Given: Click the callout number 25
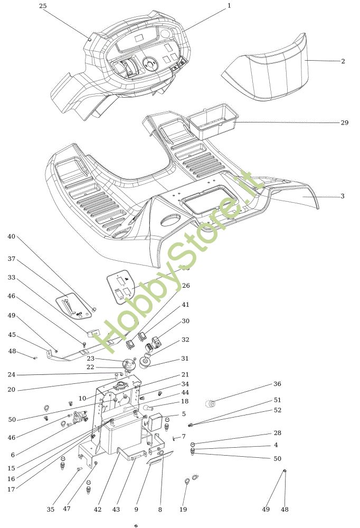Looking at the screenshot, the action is [x=43, y=6].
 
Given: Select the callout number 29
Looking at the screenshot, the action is [x=345, y=122].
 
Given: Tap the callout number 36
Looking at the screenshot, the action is [x=277, y=384].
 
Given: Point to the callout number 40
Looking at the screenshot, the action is [x=12, y=237].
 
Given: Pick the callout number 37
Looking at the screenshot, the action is [x=12, y=259].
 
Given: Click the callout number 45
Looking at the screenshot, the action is [x=12, y=335].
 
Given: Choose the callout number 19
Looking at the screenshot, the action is [x=183, y=510].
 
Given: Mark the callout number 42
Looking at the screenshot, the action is [x=98, y=510].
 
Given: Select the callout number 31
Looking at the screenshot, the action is [x=185, y=359].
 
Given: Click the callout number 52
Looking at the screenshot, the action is [x=277, y=410].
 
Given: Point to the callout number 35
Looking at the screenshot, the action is [x=50, y=510].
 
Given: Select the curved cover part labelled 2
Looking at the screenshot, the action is [x=269, y=69].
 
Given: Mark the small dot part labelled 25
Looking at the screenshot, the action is [x=90, y=40].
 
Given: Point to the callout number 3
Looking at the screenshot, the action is [x=342, y=196].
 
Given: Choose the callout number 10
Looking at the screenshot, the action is [x=82, y=398].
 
